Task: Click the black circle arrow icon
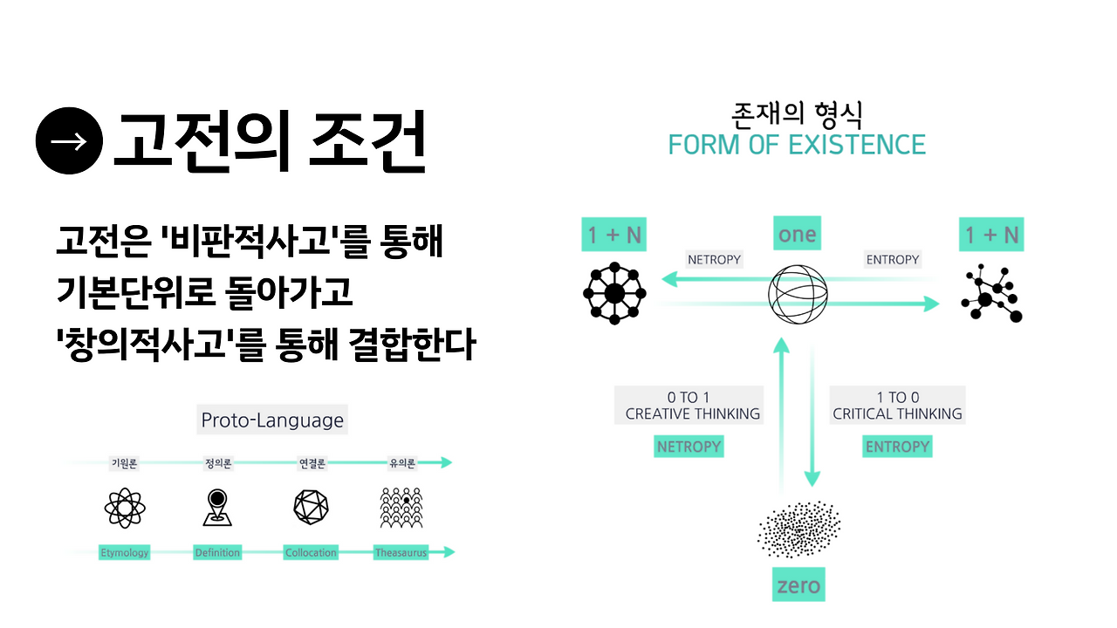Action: (70, 141)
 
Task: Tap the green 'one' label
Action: (797, 234)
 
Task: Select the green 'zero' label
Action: (798, 584)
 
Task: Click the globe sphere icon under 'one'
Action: (798, 292)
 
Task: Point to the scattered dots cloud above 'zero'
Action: (798, 528)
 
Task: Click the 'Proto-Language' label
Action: (272, 420)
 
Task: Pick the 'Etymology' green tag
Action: (124, 552)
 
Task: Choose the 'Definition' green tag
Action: (217, 552)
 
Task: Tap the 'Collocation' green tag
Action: (311, 552)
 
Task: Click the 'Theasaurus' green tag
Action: (401, 552)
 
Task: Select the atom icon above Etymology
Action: (124, 508)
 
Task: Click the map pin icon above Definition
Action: (217, 508)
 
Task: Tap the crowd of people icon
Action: (401, 508)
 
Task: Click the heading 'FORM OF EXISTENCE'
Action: (797, 145)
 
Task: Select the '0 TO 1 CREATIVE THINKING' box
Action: (689, 406)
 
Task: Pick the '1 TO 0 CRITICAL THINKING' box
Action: (897, 406)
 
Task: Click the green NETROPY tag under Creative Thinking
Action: (689, 447)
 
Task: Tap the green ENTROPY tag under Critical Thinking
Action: (897, 447)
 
